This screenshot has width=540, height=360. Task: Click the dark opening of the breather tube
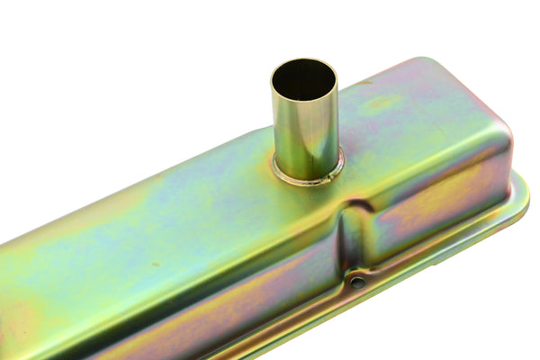303,79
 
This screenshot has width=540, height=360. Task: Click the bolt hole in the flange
357,282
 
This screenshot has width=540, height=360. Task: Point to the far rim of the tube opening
304,60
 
